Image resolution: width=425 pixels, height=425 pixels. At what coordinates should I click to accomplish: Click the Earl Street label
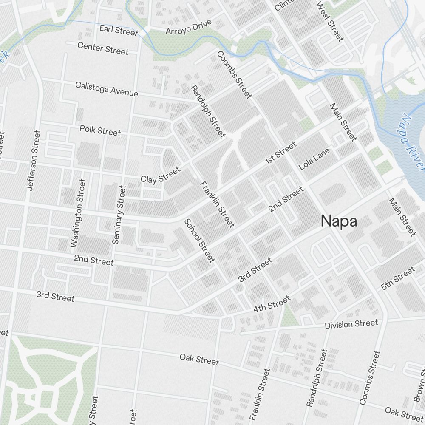point(119,30)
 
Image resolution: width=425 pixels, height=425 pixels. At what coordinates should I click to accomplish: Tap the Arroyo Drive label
point(188,29)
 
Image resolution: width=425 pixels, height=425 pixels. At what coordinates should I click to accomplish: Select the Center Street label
point(103,48)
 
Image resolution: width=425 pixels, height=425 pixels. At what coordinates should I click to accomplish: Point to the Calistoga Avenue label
point(107,89)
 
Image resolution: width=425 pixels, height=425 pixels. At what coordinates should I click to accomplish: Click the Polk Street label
point(100,130)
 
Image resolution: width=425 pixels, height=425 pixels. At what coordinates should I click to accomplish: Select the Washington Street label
point(78,213)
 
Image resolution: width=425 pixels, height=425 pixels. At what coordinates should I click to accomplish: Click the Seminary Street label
point(119,215)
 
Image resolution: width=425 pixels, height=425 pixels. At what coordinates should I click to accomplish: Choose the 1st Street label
point(280,153)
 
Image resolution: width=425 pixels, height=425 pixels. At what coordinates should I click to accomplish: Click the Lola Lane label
point(314,159)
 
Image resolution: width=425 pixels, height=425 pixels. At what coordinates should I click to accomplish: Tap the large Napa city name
point(339,221)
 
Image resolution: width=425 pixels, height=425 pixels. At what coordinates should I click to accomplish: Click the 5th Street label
point(398,278)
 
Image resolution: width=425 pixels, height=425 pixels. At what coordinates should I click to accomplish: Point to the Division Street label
point(351,324)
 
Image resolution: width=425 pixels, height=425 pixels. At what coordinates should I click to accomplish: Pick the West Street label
point(330,21)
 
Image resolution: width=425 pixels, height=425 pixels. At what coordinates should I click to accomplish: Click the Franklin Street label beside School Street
point(217,204)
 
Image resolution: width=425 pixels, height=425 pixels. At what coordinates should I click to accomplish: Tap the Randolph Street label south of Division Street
point(317,378)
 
